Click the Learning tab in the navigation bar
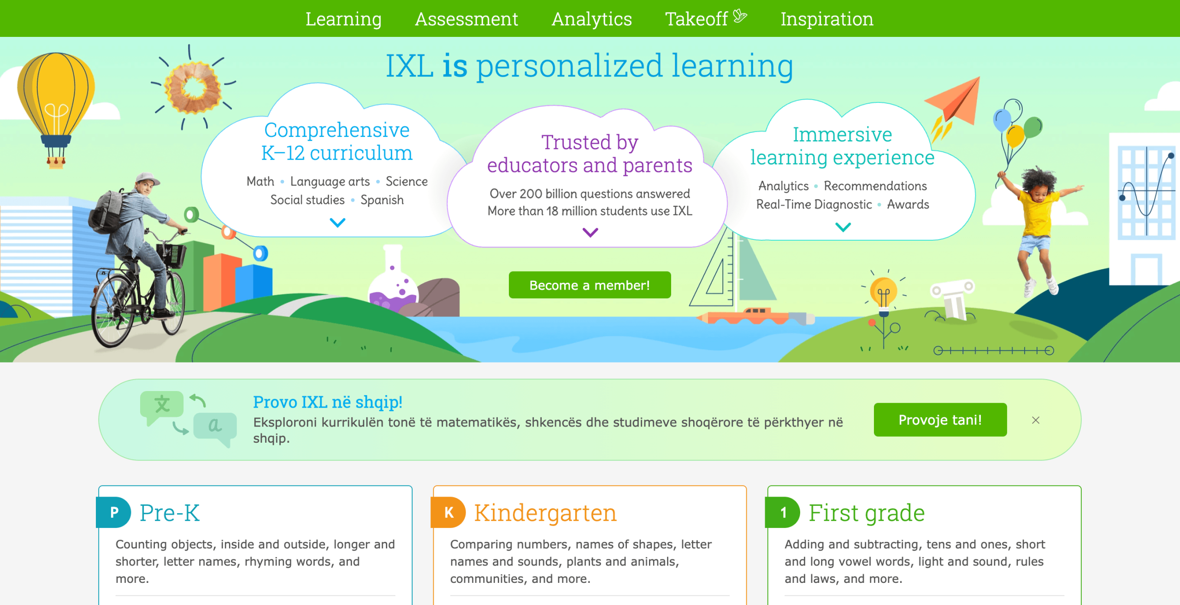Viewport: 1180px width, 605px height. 343,19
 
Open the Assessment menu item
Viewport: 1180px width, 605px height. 466,19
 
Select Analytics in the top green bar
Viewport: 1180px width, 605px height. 592,19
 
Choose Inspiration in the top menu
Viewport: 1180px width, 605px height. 827,19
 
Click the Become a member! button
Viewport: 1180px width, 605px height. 590,285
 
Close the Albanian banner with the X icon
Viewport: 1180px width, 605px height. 1036,420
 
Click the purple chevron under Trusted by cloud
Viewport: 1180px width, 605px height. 590,232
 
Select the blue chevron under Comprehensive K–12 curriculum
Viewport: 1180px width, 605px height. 337,223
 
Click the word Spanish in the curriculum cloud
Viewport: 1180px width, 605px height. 382,200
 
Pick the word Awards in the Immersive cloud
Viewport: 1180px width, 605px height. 908,204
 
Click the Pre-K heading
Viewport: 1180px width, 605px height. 170,512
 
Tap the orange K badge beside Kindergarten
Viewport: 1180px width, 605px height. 448,512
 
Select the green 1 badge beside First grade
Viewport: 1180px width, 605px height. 783,512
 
